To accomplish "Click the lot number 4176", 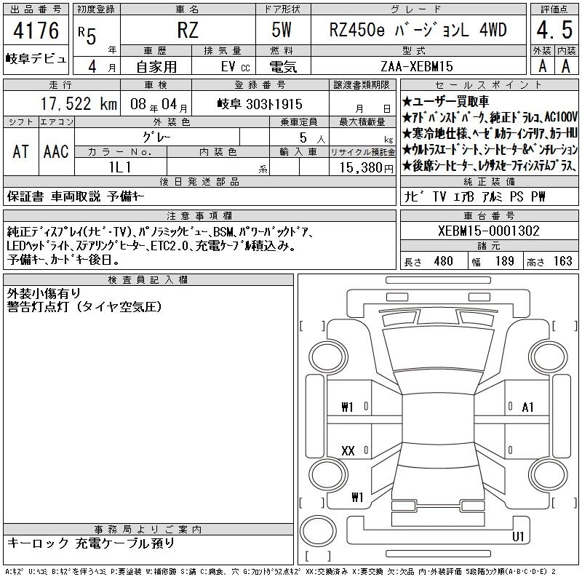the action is pyautogui.click(x=36, y=31).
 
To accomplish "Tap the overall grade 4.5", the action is pyautogui.click(x=554, y=30).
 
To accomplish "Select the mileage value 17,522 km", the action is pyautogui.click(x=79, y=104).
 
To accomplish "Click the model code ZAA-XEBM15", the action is pyautogui.click(x=417, y=66).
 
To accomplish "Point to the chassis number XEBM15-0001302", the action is pyautogui.click(x=488, y=231).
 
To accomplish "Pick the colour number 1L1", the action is pyautogui.click(x=120, y=167).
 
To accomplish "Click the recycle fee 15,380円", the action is pyautogui.click(x=367, y=168).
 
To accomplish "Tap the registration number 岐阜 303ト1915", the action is pyautogui.click(x=260, y=104).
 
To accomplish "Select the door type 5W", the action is pyautogui.click(x=282, y=30).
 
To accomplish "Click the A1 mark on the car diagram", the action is pyautogui.click(x=527, y=407).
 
